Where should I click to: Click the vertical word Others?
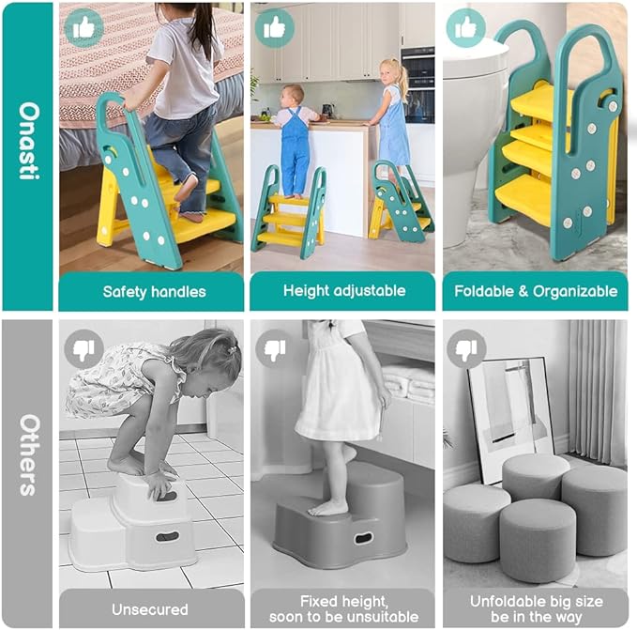click(28, 455)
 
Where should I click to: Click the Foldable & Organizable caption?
click(536, 291)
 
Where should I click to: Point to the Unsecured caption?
click(150, 609)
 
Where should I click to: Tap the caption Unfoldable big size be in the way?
click(536, 608)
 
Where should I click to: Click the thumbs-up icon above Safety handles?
click(83, 27)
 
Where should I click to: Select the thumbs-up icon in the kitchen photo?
click(274, 27)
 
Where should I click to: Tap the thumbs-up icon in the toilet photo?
click(465, 27)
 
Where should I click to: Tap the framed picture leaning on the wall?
click(512, 413)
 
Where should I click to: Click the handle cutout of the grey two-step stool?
click(361, 539)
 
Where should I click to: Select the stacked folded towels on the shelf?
click(409, 380)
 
